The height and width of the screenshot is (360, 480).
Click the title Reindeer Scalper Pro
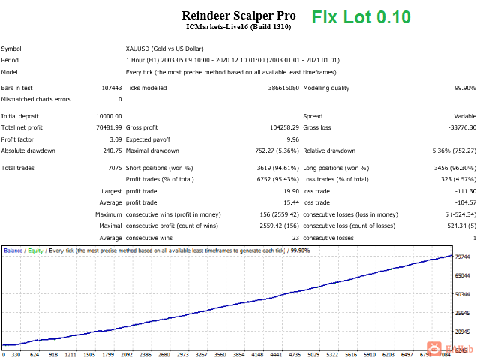click(x=238, y=15)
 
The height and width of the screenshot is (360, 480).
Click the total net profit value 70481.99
click(x=106, y=127)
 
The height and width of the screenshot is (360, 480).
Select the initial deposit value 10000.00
click(x=106, y=116)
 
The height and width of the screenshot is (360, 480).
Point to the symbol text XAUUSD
click(x=140, y=49)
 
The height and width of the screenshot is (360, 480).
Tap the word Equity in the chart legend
click(x=34, y=250)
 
